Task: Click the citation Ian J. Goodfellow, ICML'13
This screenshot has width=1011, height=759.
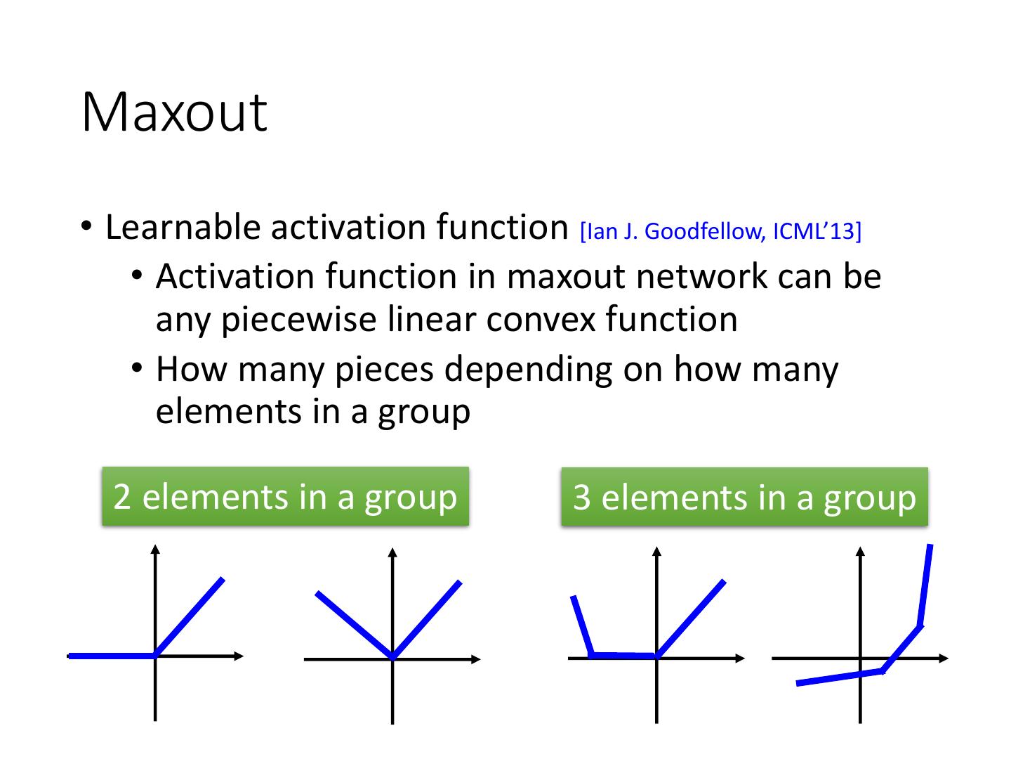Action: (720, 231)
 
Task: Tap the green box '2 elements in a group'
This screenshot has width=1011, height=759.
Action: (285, 496)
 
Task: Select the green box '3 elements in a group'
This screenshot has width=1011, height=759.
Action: (744, 497)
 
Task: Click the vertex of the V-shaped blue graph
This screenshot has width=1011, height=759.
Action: (392, 657)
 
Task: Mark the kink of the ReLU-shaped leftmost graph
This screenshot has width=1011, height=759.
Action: (156, 655)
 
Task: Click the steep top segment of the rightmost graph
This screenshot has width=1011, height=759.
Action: (925, 583)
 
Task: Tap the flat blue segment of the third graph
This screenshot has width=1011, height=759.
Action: (624, 656)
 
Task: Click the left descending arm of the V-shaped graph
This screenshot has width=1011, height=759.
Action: (354, 625)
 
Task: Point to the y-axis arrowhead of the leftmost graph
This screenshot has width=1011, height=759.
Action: (156, 549)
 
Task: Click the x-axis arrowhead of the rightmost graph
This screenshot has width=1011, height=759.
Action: (944, 659)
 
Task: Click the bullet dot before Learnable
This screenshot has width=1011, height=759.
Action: (86, 226)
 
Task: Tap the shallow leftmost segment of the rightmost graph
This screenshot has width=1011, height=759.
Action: (839, 677)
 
